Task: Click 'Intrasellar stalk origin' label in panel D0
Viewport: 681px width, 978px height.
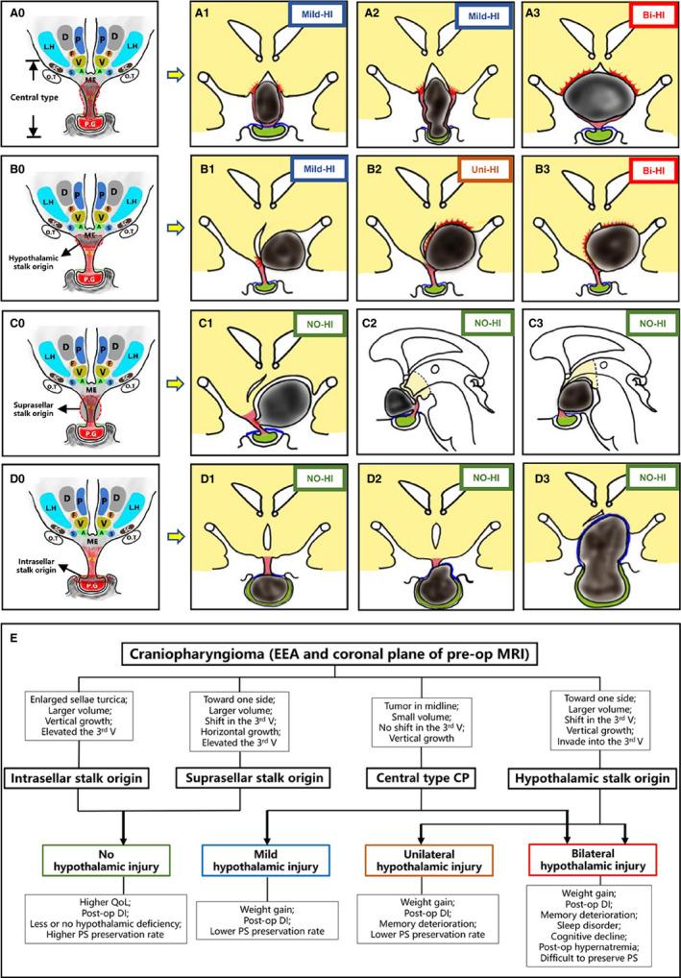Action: click(38, 583)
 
